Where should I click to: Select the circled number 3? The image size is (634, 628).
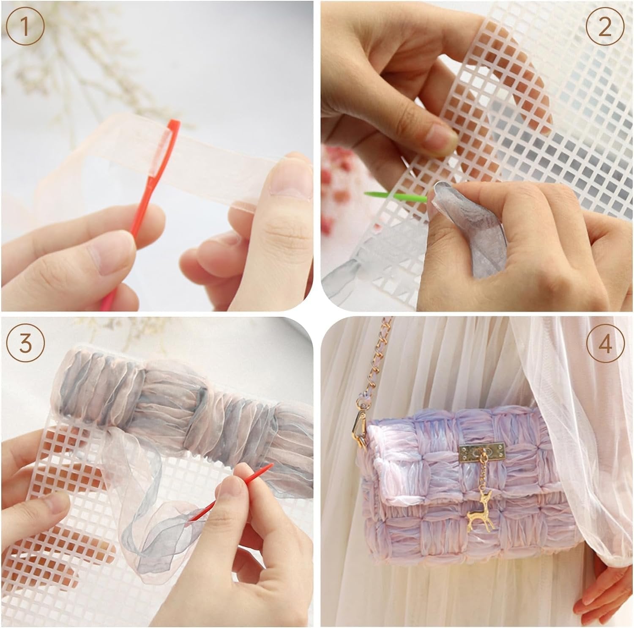[x=25, y=343]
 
